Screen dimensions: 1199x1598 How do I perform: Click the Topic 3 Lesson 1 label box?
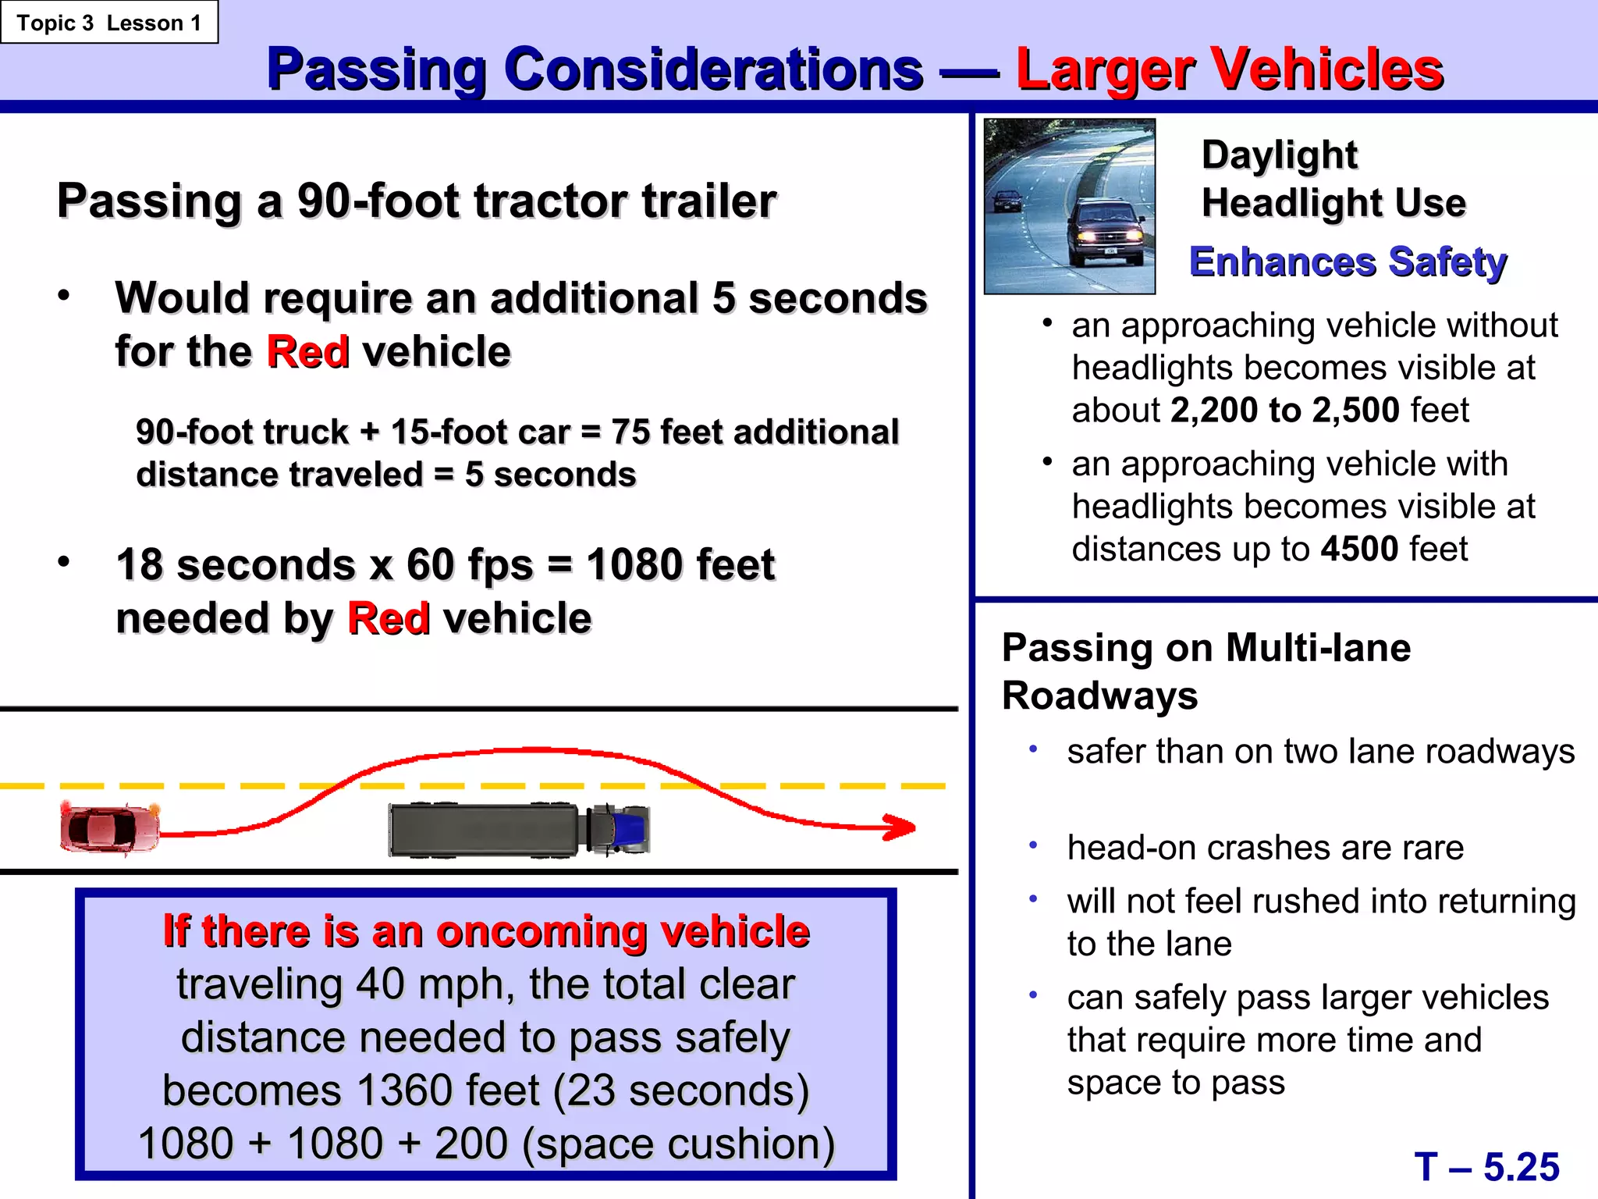109,23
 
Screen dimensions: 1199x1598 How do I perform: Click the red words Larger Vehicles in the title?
1230,70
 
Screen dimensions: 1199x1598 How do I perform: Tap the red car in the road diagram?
110,828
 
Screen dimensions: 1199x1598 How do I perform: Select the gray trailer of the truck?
484,830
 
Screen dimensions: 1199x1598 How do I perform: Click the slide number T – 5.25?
1486,1167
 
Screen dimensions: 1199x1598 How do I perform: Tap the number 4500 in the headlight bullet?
1359,549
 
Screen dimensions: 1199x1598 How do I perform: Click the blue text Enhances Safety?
1348,262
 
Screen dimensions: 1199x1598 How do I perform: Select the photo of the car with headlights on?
1070,207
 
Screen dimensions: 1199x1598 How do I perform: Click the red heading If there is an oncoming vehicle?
486,931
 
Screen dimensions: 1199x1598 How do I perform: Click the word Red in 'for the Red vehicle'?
308,351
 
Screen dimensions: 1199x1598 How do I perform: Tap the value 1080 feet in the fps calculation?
680,564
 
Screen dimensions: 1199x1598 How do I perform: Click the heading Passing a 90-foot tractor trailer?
417,201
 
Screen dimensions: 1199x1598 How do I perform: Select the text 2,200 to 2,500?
1285,411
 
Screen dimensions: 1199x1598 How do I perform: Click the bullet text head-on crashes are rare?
1265,848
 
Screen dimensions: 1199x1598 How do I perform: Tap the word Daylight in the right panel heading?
1280,155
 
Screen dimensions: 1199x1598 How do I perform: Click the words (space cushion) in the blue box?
678,1144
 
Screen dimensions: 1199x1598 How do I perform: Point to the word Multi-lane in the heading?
1318,648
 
